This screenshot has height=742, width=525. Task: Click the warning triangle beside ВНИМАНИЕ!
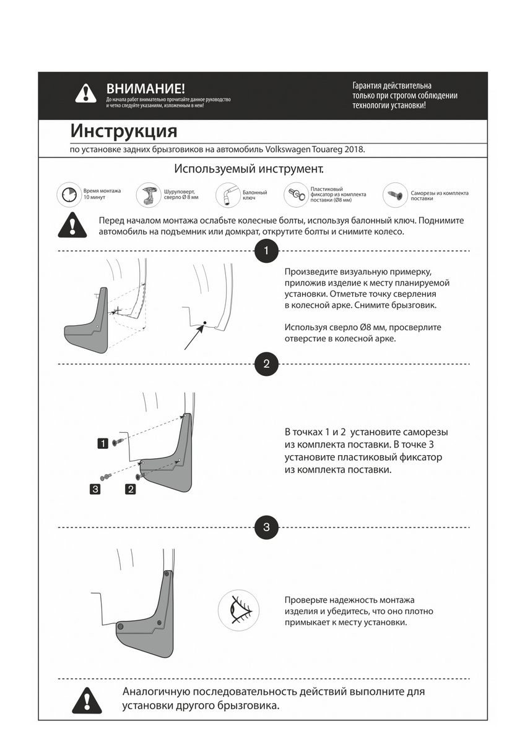(x=85, y=93)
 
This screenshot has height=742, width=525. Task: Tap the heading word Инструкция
(x=124, y=132)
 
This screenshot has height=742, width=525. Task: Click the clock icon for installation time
(x=68, y=195)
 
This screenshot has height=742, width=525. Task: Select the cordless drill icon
(x=150, y=194)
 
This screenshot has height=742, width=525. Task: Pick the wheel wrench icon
(x=227, y=195)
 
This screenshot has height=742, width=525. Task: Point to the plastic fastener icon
(x=296, y=195)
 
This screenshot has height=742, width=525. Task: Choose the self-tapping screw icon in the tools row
(x=394, y=194)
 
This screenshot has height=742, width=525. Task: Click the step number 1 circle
(x=266, y=251)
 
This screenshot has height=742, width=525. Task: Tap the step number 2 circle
(x=266, y=364)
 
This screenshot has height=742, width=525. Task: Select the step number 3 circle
(x=266, y=527)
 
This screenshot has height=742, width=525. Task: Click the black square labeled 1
(x=103, y=443)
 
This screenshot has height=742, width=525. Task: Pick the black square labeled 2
(x=131, y=490)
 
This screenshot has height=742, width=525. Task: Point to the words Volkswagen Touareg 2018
(x=316, y=150)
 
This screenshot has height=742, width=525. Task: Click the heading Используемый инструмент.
(x=249, y=169)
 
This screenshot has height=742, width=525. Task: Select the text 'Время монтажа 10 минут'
(x=102, y=194)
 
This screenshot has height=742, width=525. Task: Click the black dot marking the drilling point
(x=204, y=323)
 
